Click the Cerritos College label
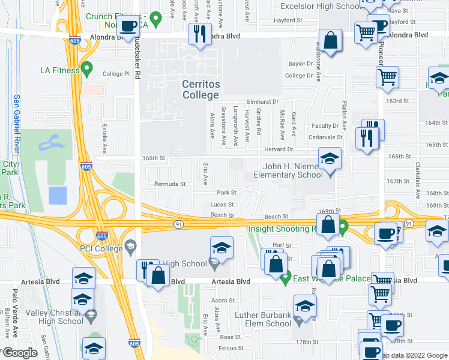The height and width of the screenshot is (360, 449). [x=200, y=89]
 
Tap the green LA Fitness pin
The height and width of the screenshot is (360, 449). [x=86, y=70]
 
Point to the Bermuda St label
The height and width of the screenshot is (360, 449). [x=170, y=184]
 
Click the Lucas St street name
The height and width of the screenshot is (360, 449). [x=221, y=205]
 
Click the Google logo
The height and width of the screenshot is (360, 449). [x=19, y=352]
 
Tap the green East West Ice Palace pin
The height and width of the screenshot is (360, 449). [x=286, y=277]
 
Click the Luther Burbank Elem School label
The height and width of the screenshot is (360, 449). [x=263, y=319]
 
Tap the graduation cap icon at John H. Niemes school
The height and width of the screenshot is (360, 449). [x=330, y=159]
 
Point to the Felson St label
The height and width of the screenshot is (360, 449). [x=231, y=348]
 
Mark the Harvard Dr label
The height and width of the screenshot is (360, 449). [x=280, y=149]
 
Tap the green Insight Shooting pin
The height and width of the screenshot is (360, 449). [x=343, y=228]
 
